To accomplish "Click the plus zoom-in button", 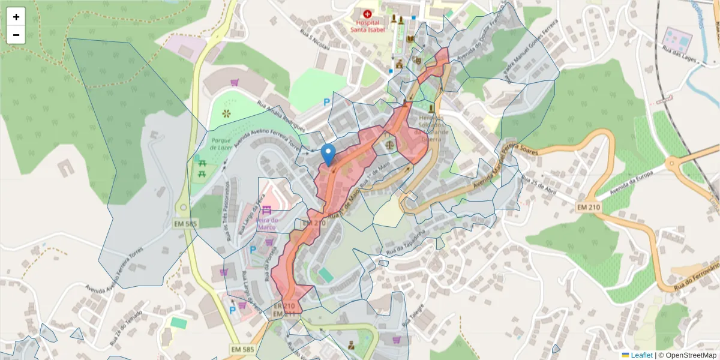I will coord(16,17).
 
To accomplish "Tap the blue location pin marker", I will coord(328,154).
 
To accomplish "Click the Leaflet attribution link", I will coord(641,355).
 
